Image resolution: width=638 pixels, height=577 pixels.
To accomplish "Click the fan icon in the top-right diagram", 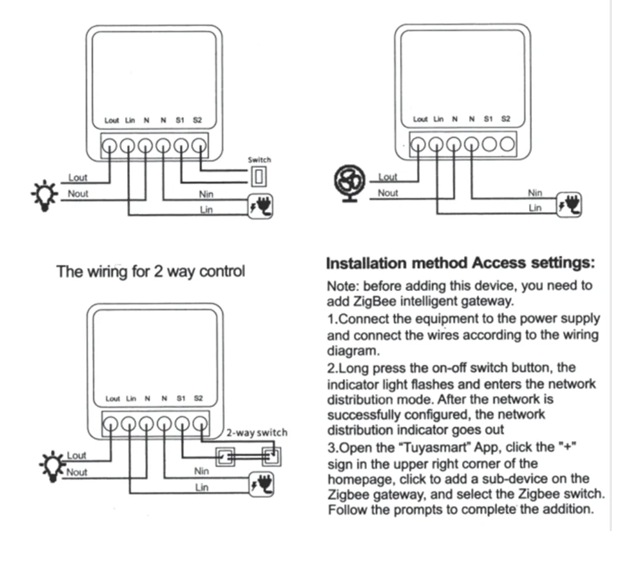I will pos(350,185).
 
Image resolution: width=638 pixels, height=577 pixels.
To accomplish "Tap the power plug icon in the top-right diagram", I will pos(570,204).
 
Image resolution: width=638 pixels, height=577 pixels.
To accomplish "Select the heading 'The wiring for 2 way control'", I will pos(151,271).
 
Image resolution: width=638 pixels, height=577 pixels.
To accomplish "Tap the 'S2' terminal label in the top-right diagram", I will pos(506,119).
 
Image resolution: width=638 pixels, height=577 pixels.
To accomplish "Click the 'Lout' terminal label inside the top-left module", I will pos(112,120).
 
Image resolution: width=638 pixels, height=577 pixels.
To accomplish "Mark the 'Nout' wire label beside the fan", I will pos(388,193).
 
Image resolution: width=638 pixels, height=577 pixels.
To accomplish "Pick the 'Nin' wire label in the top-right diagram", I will pos(535,192).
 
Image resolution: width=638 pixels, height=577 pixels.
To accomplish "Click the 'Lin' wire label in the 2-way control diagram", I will pos(202,487).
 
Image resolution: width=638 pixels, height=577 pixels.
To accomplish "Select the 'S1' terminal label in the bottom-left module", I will pos(181,398).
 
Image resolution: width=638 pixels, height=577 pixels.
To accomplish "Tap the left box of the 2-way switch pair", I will pos(226,456).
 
